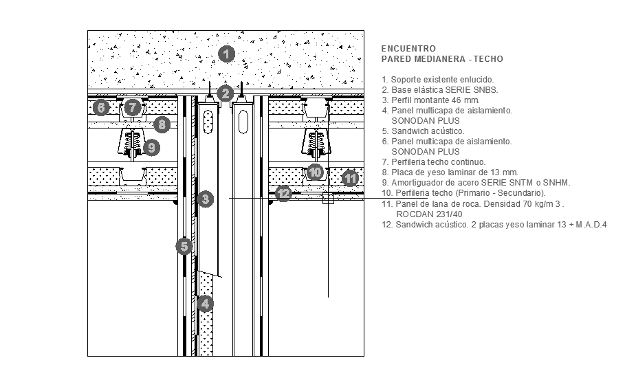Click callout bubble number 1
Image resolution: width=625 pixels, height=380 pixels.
226,54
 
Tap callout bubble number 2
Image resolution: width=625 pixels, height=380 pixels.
226,93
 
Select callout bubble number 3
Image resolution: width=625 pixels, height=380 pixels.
205,199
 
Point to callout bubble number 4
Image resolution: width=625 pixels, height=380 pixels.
204,303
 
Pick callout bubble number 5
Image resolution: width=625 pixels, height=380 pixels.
183,246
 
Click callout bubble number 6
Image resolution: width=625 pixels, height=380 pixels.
101,108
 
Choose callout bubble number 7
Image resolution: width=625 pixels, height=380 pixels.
133,108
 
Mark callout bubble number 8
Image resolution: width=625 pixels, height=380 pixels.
162,124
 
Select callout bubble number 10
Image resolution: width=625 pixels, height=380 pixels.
315,172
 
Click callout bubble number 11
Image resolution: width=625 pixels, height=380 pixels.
351,178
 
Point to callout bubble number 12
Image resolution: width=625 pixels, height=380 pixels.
284,194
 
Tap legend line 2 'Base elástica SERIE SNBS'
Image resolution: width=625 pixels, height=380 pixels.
439,89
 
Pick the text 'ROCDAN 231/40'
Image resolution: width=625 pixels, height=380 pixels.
420,214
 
